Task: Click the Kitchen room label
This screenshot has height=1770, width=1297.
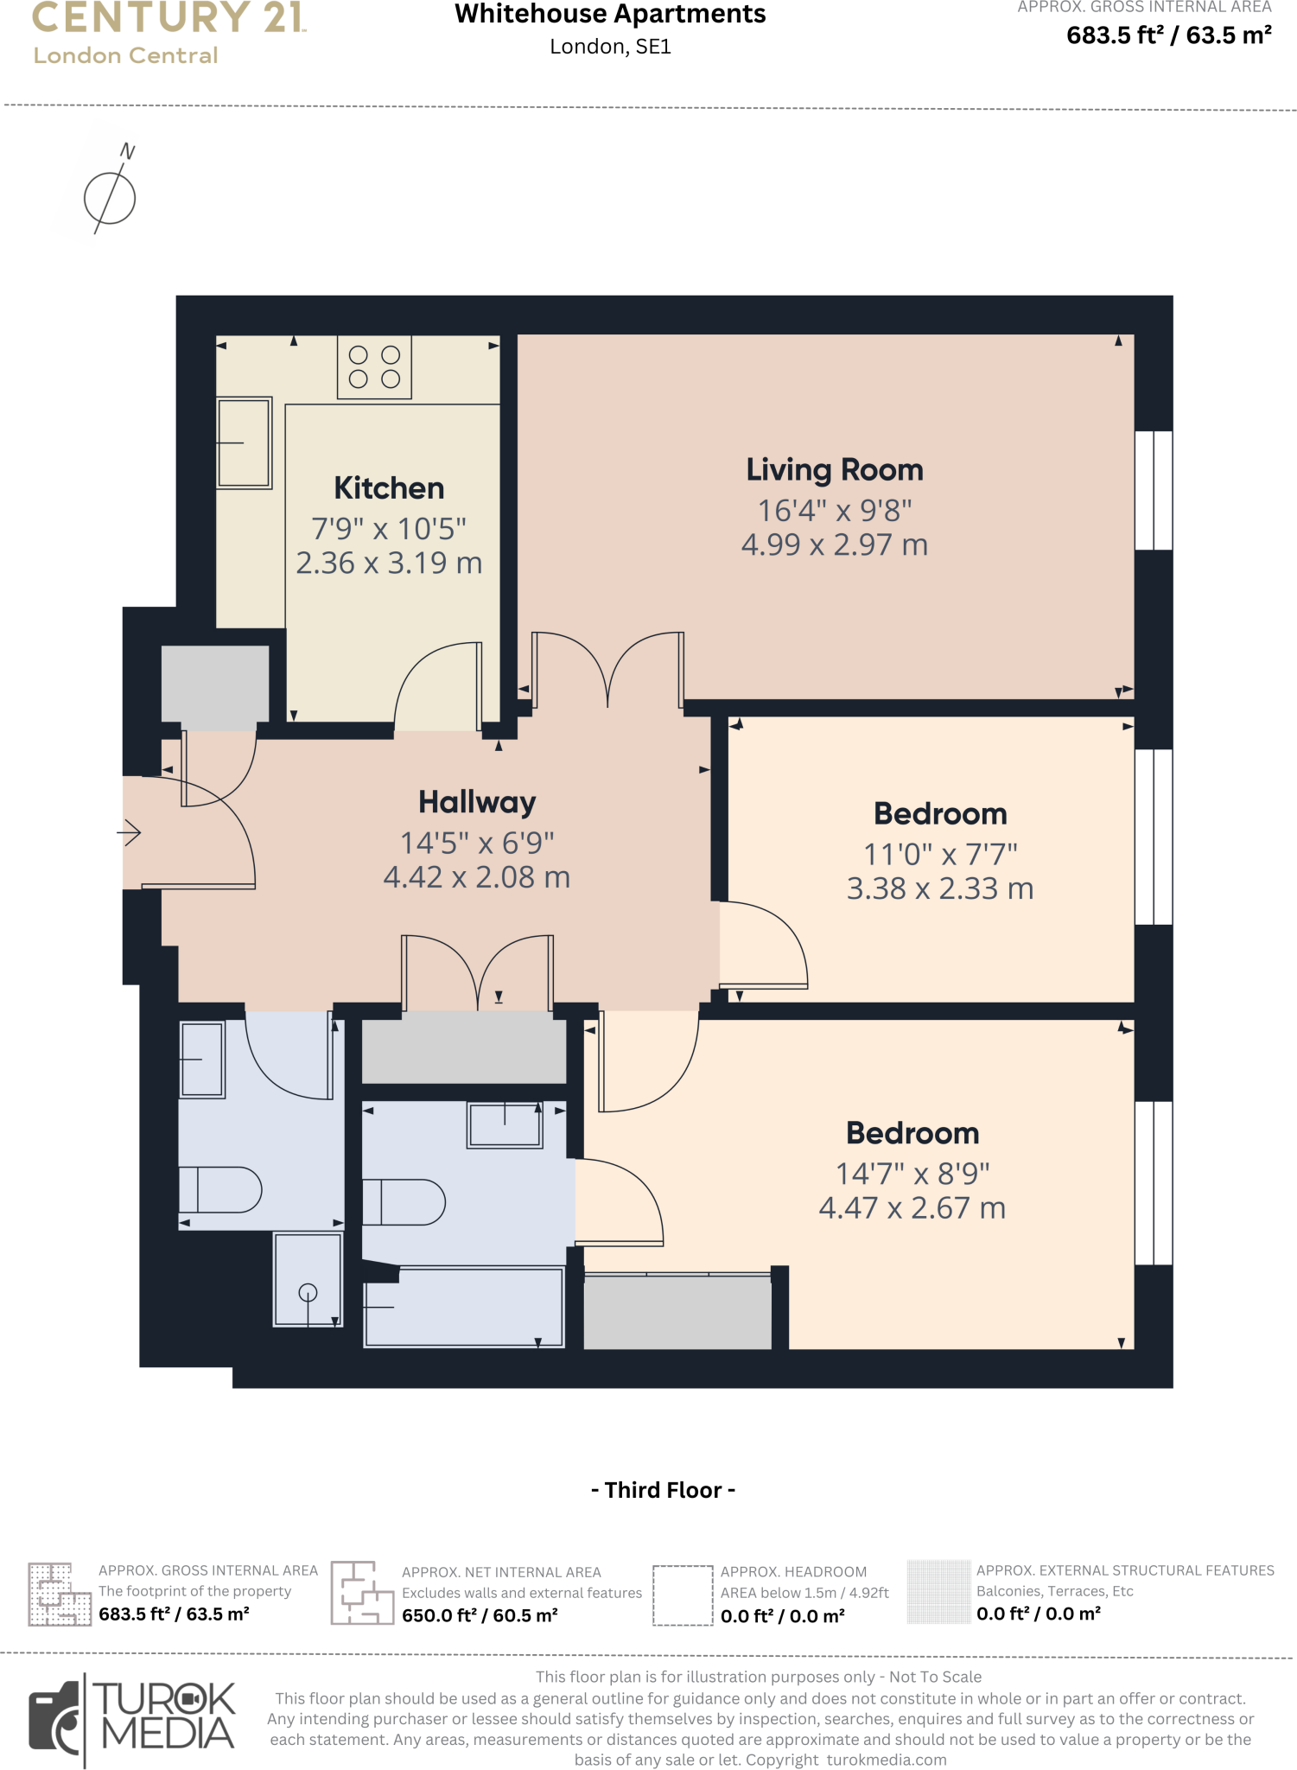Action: pos(389,488)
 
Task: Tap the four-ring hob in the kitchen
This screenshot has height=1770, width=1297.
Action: pos(374,367)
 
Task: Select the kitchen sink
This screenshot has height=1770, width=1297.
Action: pos(245,442)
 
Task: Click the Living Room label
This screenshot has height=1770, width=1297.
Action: pos(835,470)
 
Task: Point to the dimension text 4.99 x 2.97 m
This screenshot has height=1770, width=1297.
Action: pos(835,545)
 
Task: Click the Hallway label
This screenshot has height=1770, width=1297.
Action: pos(477,802)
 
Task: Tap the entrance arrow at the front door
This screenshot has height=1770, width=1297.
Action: pos(130,832)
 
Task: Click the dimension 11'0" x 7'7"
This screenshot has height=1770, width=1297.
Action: pos(940,855)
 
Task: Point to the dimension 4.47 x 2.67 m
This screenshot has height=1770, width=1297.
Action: pos(912,1208)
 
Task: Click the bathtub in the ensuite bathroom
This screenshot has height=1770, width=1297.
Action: pos(464,1306)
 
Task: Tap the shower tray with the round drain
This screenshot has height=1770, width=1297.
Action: pos(308,1279)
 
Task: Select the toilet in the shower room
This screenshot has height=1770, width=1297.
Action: pos(220,1189)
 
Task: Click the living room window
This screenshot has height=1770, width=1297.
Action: pos(1154,490)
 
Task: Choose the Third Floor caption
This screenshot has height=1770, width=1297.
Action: pos(663,1490)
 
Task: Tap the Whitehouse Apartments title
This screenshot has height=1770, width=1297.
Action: pos(610,15)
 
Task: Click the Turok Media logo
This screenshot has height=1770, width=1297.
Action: pos(132,1720)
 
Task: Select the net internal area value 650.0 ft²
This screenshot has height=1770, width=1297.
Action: pos(480,1615)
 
